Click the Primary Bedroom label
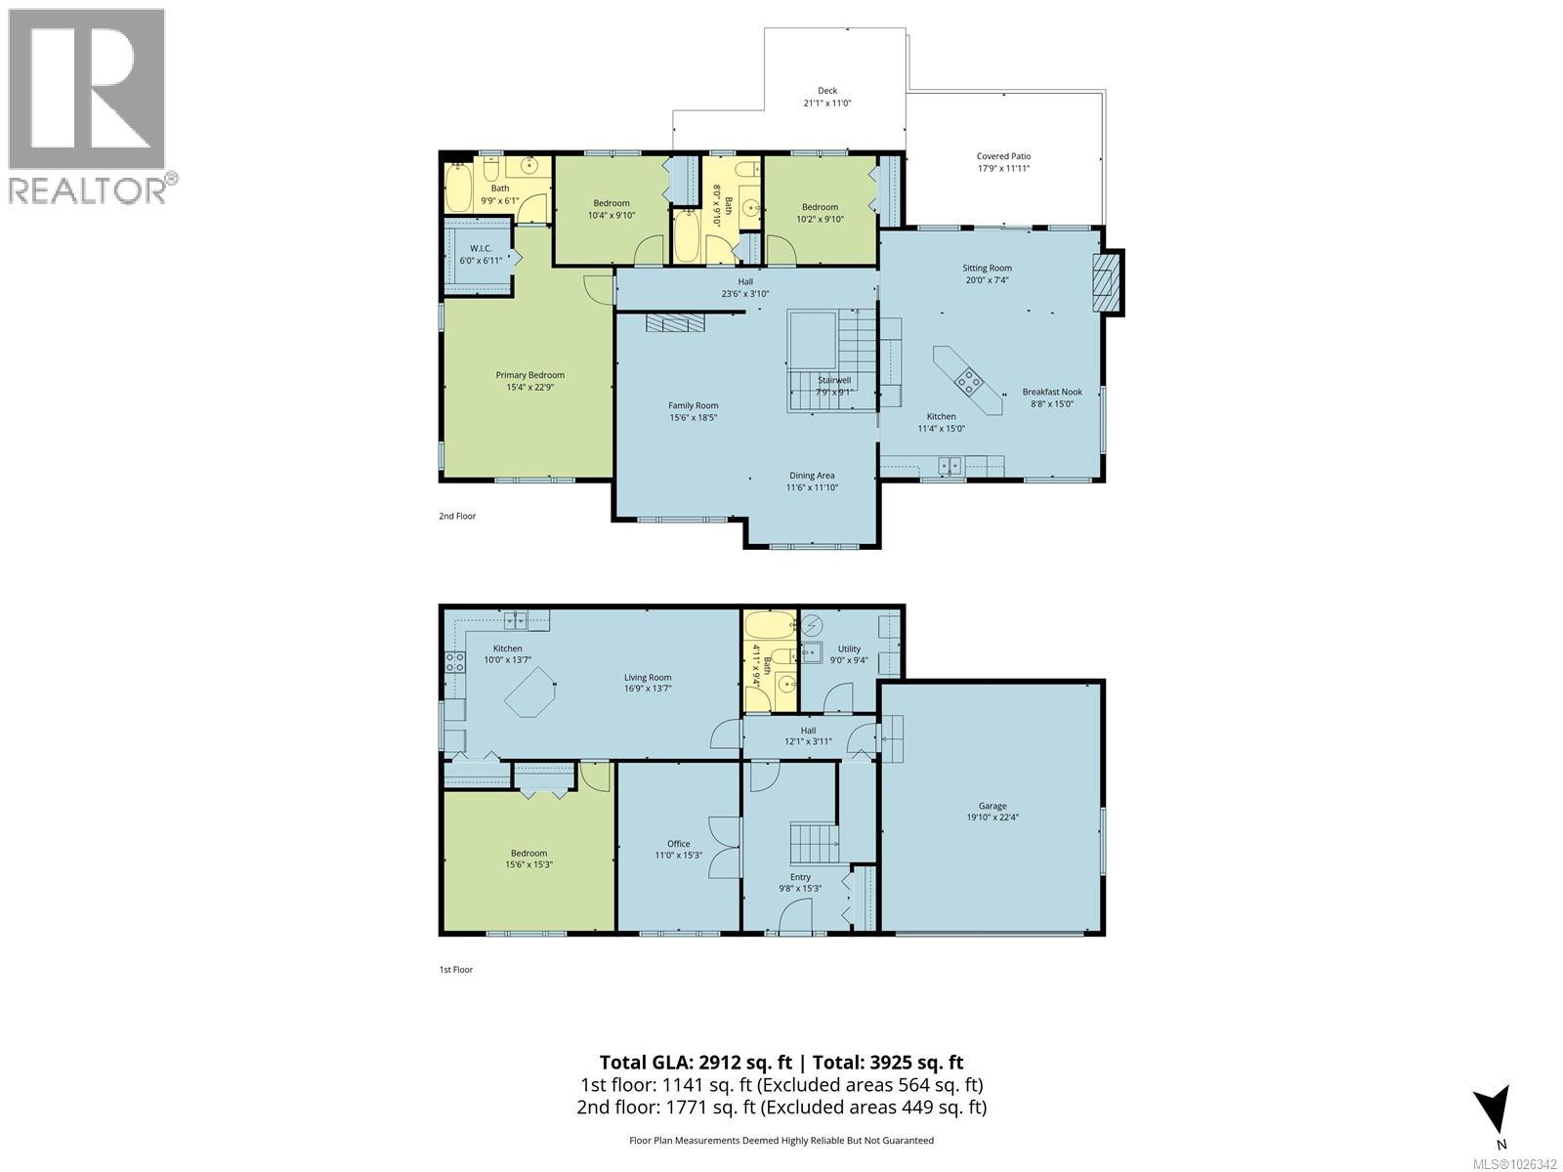click(x=529, y=375)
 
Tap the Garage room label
click(x=993, y=806)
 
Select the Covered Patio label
click(x=1003, y=156)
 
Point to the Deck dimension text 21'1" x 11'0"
click(x=827, y=103)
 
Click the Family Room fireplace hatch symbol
click(x=674, y=323)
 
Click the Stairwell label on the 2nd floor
click(x=833, y=380)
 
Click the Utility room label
click(x=849, y=649)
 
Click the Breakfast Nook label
click(x=1052, y=392)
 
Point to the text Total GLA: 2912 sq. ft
click(x=696, y=1063)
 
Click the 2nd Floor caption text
click(x=457, y=516)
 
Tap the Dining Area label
click(x=812, y=476)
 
